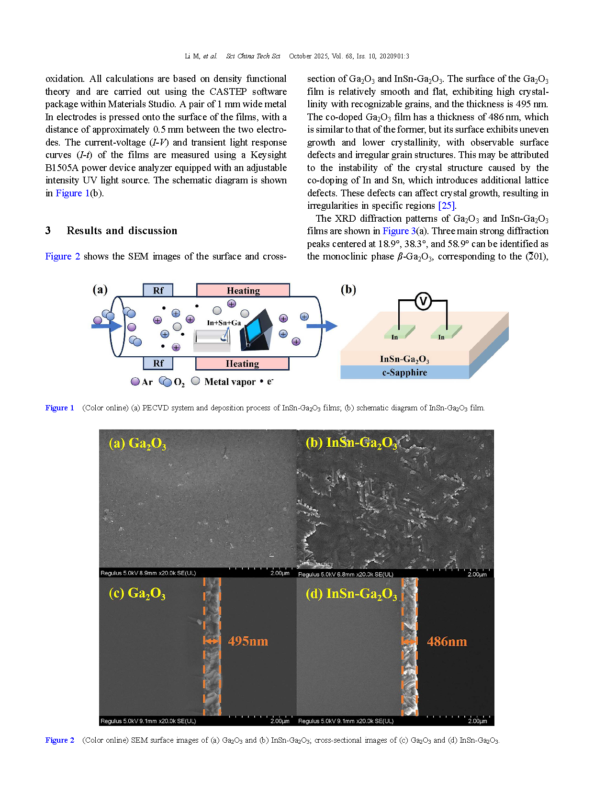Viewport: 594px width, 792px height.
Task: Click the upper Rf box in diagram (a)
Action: click(158, 290)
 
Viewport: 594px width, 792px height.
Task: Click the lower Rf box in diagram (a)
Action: click(158, 363)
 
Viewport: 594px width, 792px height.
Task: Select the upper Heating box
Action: click(243, 290)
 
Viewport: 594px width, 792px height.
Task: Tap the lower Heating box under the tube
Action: click(242, 363)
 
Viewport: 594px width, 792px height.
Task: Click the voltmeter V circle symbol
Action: click(423, 301)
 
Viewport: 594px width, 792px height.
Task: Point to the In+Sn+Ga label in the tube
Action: click(224, 323)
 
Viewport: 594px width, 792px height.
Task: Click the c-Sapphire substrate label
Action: click(404, 373)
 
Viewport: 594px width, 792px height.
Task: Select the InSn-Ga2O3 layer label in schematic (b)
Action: click(404, 359)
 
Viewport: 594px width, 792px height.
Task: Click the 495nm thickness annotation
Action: click(248, 641)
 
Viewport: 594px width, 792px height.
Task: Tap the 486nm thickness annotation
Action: click(447, 642)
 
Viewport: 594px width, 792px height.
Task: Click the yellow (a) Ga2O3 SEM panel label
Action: click(137, 444)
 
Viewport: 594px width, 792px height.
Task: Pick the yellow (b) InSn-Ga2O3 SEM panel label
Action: click(351, 443)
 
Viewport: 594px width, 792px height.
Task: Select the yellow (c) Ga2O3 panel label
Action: click(137, 594)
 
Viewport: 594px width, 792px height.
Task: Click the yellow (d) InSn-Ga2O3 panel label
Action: click(351, 594)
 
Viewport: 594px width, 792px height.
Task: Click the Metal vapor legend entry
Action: click(224, 382)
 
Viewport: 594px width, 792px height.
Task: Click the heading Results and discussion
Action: click(122, 231)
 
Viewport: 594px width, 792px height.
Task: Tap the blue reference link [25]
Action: click(447, 206)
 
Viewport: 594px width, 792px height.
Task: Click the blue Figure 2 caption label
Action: click(60, 740)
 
